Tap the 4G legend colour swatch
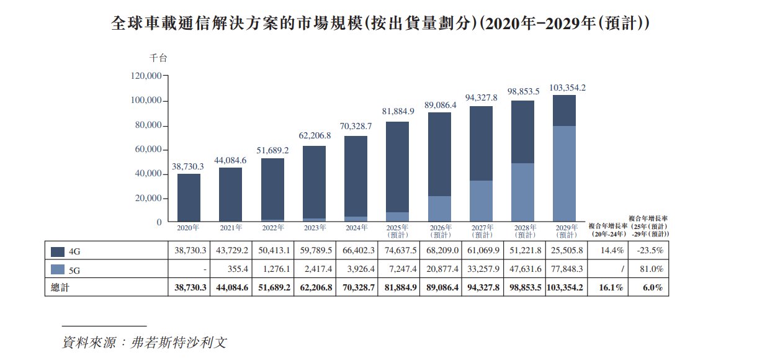click(58, 251)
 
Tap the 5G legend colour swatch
click(58, 269)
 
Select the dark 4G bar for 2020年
click(189, 197)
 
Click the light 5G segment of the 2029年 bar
click(564, 174)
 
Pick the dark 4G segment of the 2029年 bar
click(564, 110)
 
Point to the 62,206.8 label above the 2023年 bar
click(314, 135)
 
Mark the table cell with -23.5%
click(648, 251)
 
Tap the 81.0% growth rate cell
click(648, 269)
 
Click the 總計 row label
click(60, 287)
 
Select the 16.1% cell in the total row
click(607, 287)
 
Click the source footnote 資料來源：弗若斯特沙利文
click(144, 342)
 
